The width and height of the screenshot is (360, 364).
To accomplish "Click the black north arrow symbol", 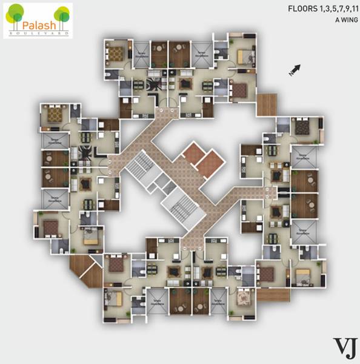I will (295, 70).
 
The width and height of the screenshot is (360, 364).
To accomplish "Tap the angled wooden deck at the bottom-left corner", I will (83, 269).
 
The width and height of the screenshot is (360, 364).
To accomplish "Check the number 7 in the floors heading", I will (337, 10).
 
